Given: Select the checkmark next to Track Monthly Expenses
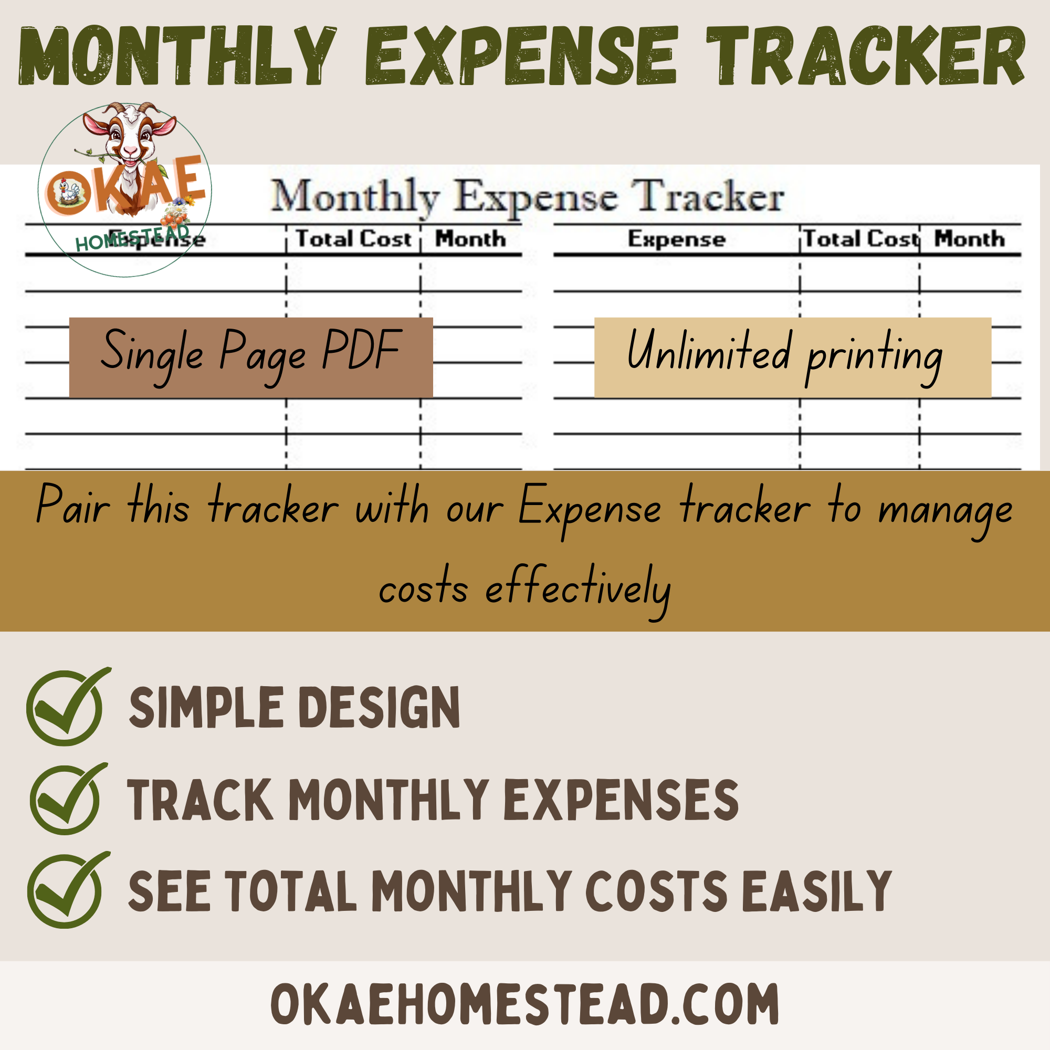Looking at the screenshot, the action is [x=68, y=799].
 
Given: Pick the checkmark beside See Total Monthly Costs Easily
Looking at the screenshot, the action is [x=68, y=890].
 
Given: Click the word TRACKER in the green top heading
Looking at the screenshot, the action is [x=866, y=56].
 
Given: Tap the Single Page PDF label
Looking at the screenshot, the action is [x=251, y=357].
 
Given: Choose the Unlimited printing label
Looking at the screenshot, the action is [x=793, y=357].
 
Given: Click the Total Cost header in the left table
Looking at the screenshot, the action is [x=353, y=238].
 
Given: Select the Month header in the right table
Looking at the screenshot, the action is [x=970, y=238].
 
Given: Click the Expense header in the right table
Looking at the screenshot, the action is [x=677, y=239].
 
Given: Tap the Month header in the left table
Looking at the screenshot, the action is [x=470, y=238].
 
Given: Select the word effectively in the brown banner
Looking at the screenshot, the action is [x=578, y=589].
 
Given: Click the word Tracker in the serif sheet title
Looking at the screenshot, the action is [x=710, y=196].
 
